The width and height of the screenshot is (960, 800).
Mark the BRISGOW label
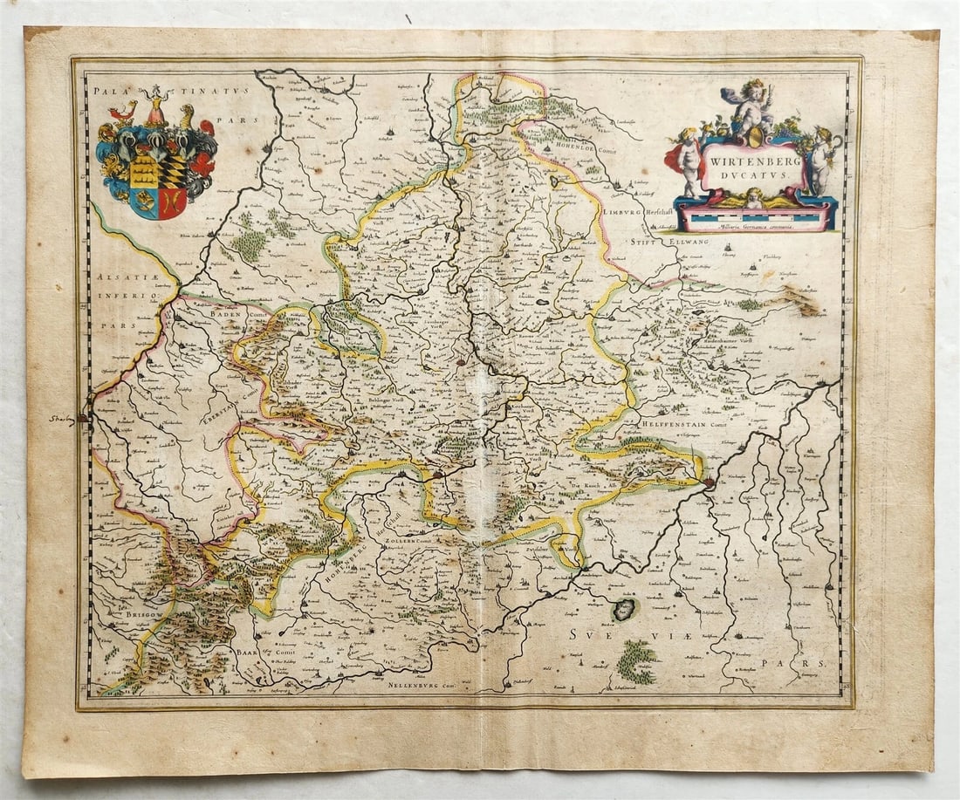tap(119, 615)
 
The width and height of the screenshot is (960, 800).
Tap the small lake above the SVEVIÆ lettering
tap(625, 609)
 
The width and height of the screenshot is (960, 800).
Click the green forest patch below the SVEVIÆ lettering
tap(637, 662)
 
